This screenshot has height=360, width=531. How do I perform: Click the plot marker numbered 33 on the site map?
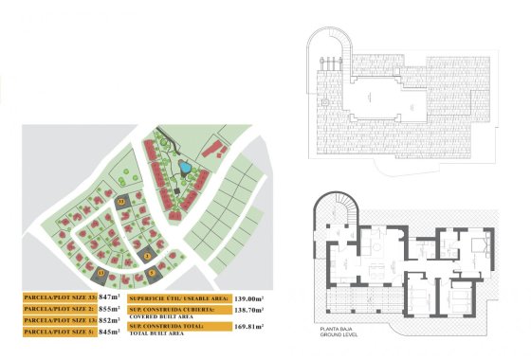click(120, 201)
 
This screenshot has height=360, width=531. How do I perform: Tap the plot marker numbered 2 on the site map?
click(153, 273)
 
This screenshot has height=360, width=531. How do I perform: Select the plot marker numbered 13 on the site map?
click(101, 273)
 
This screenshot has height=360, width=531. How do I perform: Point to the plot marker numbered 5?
click(147, 254)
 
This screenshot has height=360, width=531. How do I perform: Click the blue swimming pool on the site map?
click(186, 169)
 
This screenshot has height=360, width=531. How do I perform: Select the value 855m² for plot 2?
click(110, 309)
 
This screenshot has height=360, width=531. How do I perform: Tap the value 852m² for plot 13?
click(110, 320)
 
